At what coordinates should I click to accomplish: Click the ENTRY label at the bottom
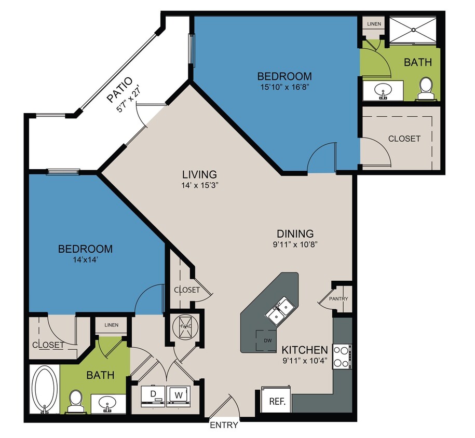point(224,425)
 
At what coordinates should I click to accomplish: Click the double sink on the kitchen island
point(280,311)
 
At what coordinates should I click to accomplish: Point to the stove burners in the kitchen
point(342,356)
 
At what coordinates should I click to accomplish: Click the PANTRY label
point(338,299)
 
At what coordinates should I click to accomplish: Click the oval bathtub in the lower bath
point(45,389)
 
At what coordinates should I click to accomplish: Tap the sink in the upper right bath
point(384,92)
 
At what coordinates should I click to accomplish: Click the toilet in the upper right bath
point(426,89)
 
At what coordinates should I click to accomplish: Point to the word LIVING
point(199,174)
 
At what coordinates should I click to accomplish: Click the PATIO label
point(120,90)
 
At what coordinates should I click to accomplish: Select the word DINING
point(294,234)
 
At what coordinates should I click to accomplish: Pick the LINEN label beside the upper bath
point(374,24)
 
